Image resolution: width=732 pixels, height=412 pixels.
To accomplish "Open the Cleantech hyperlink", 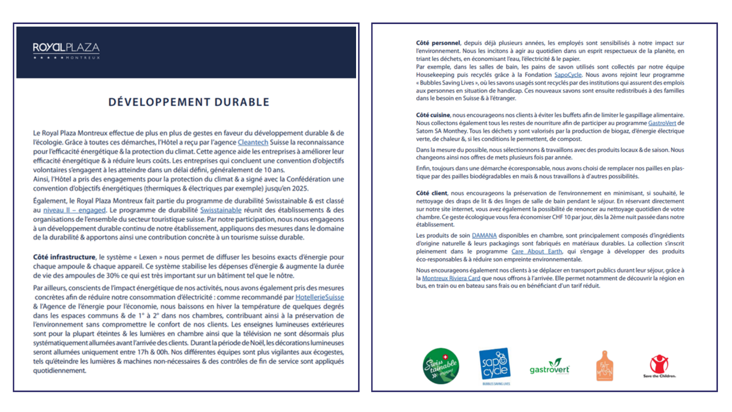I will (253, 142).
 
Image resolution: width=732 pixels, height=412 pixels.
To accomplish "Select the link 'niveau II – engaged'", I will (74, 210).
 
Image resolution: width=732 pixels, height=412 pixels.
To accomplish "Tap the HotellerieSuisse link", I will (319, 297).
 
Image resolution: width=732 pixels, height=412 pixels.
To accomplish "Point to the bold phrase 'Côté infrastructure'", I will (64, 257).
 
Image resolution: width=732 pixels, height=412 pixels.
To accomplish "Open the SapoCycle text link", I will (568, 75).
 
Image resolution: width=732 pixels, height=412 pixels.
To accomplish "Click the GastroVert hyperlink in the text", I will (662, 123).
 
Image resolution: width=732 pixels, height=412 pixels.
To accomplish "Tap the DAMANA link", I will (484, 236).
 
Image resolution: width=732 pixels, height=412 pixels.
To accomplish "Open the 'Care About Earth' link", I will (536, 251).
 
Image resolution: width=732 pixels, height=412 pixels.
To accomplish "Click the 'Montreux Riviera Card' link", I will (451, 278).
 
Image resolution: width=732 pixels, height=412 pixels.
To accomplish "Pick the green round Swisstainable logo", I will (441, 366).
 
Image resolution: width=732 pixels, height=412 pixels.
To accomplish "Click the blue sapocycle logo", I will (495, 365).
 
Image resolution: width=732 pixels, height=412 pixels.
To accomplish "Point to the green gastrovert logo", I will (549, 367).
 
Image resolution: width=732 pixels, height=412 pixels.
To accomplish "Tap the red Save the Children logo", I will (659, 365).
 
